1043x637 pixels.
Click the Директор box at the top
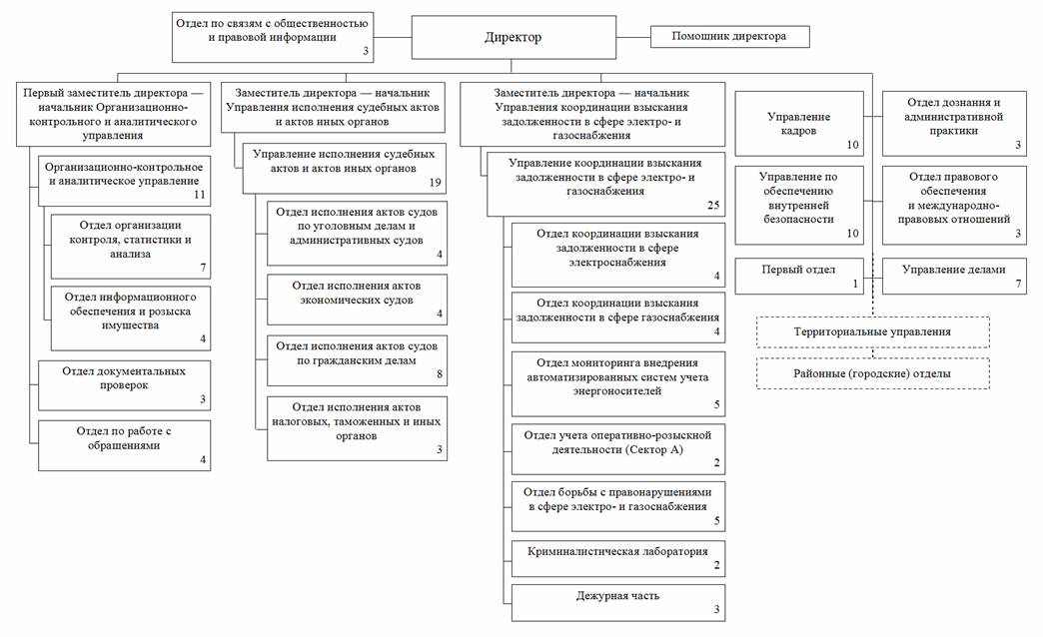[x=512, y=38]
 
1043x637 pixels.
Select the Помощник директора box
[x=729, y=37]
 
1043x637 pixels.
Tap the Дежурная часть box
[x=617, y=601]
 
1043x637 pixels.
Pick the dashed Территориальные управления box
[x=872, y=331]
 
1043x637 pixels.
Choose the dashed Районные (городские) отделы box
[x=872, y=373]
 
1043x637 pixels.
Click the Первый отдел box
[x=798, y=276]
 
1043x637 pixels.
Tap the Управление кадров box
[x=798, y=123]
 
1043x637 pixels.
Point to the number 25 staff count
[x=712, y=206]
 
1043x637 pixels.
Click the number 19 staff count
[x=434, y=183]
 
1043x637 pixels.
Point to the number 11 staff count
[x=199, y=195]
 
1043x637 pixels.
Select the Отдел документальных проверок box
[x=125, y=384]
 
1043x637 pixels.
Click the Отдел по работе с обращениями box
[x=125, y=444]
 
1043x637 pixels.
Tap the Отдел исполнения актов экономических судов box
[x=357, y=299]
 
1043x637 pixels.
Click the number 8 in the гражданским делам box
[x=439, y=376]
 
